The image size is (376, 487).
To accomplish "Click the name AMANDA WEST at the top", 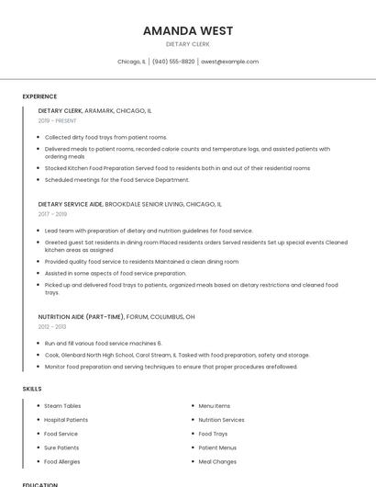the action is tap(188, 30).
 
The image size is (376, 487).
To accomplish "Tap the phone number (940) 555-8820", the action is tap(173, 62).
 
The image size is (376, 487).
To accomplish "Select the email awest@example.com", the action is tap(230, 62).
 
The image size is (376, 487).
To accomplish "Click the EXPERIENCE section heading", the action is tap(39, 96).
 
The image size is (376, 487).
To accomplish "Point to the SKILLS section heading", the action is tap(32, 389).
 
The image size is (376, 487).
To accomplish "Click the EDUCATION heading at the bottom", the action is tap(40, 484).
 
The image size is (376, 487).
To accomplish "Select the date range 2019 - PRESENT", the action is tap(58, 120).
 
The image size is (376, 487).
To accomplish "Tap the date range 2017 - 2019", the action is tap(52, 214).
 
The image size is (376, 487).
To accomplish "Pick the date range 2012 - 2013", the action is tap(52, 326).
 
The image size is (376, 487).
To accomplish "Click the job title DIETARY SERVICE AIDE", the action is tap(71, 204).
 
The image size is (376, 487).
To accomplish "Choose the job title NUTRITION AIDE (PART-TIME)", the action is tap(81, 316).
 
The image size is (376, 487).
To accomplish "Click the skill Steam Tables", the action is tap(62, 405).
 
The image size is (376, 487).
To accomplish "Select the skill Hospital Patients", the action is tap(66, 419).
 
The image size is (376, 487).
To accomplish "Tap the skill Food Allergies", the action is tap(62, 461).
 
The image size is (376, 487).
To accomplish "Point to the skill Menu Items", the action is tap(215, 405).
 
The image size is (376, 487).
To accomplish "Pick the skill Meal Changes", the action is tap(217, 461).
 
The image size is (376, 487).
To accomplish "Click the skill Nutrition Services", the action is tap(222, 419).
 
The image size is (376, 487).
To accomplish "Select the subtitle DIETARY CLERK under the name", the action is tap(188, 43).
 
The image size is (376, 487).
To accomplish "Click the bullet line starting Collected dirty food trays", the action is tap(105, 137).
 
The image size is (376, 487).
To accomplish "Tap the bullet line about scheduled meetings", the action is tap(116, 179).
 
